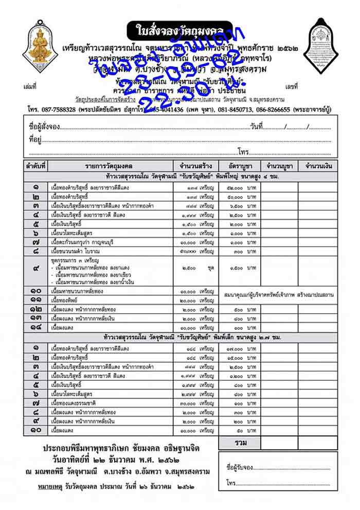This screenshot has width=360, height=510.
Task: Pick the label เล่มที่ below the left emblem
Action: pyautogui.click(x=30, y=86)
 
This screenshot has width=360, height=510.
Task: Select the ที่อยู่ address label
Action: pyautogui.click(x=35, y=139)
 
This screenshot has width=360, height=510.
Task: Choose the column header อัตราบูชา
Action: pyautogui.click(x=237, y=166)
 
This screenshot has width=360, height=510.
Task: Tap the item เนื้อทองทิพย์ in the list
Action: pyautogui.click(x=70, y=300)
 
